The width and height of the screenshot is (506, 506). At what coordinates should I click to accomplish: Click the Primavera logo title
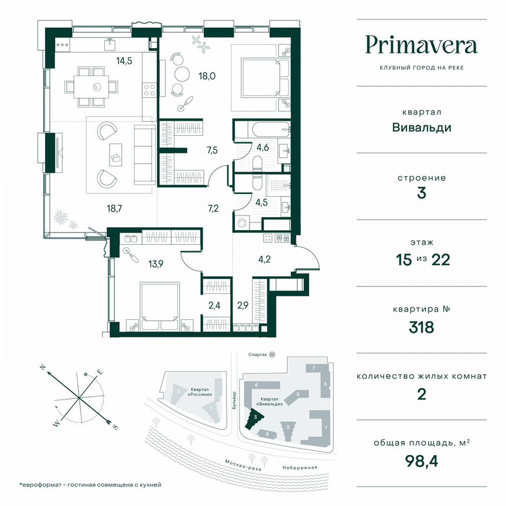[421, 45]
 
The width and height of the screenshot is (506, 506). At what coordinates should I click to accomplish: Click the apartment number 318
[421, 327]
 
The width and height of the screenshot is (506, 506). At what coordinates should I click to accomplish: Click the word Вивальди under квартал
[421, 127]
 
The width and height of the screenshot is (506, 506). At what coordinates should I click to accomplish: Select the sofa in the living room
[143, 153]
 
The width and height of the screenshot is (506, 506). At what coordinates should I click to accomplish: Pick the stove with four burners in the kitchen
[149, 90]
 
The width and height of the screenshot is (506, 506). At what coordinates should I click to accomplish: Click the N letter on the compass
[43, 367]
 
